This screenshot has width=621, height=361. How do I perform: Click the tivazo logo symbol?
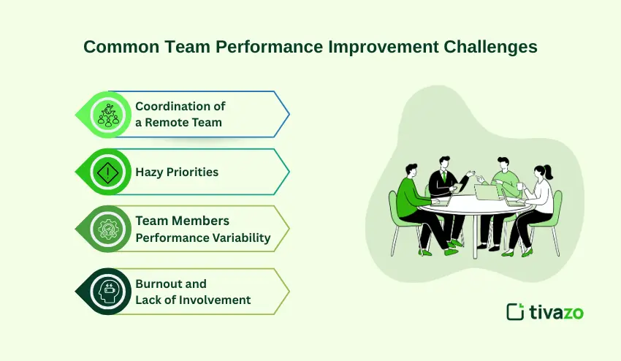point(516,312)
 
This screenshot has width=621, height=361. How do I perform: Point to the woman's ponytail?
point(548,172)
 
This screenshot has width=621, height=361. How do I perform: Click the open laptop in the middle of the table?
point(486,193)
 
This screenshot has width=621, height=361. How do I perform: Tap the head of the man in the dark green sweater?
point(412,170)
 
